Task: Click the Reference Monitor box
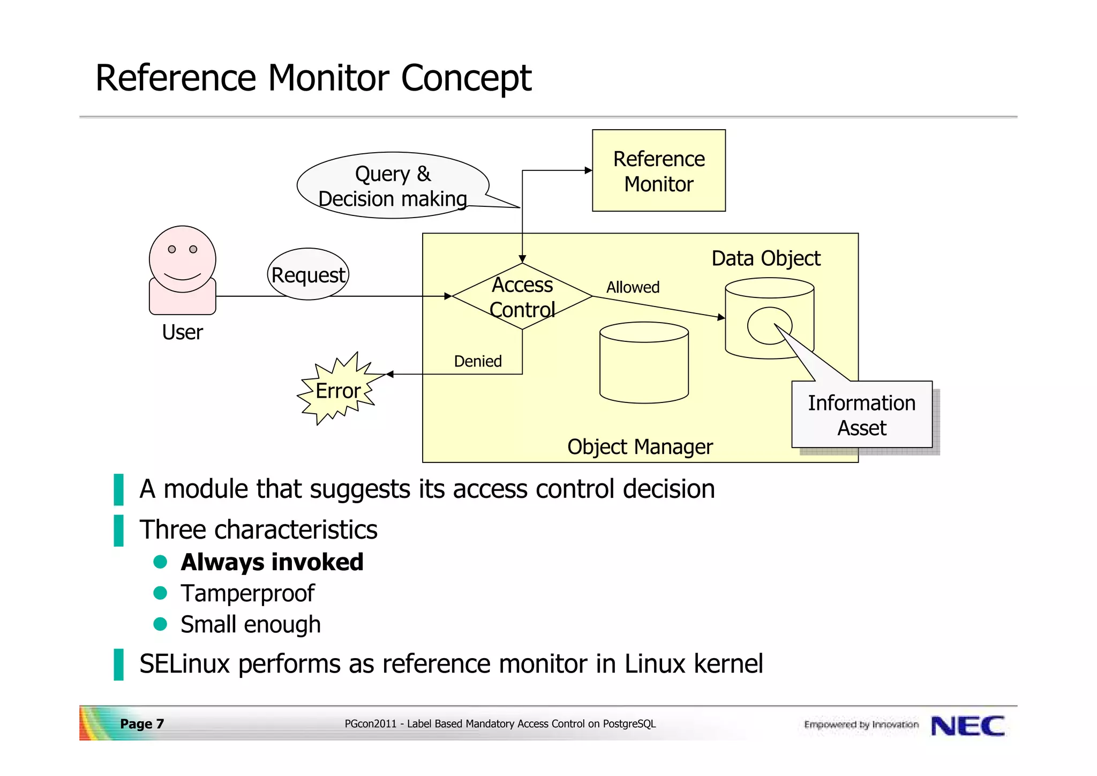[658, 170]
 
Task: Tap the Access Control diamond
[522, 296]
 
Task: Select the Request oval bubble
[308, 274]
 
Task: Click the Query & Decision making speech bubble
[393, 185]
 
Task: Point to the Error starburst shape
[337, 390]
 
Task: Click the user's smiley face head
[182, 259]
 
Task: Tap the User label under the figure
[182, 332]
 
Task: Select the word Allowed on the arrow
[633, 287]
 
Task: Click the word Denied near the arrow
[478, 361]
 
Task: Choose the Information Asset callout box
[861, 415]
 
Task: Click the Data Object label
[765, 258]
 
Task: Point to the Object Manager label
[640, 446]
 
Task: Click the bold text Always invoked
[272, 562]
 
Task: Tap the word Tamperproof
[247, 593]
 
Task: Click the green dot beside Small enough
[160, 624]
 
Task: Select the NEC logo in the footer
[967, 726]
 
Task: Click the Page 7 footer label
[142, 724]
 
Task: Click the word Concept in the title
[465, 78]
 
